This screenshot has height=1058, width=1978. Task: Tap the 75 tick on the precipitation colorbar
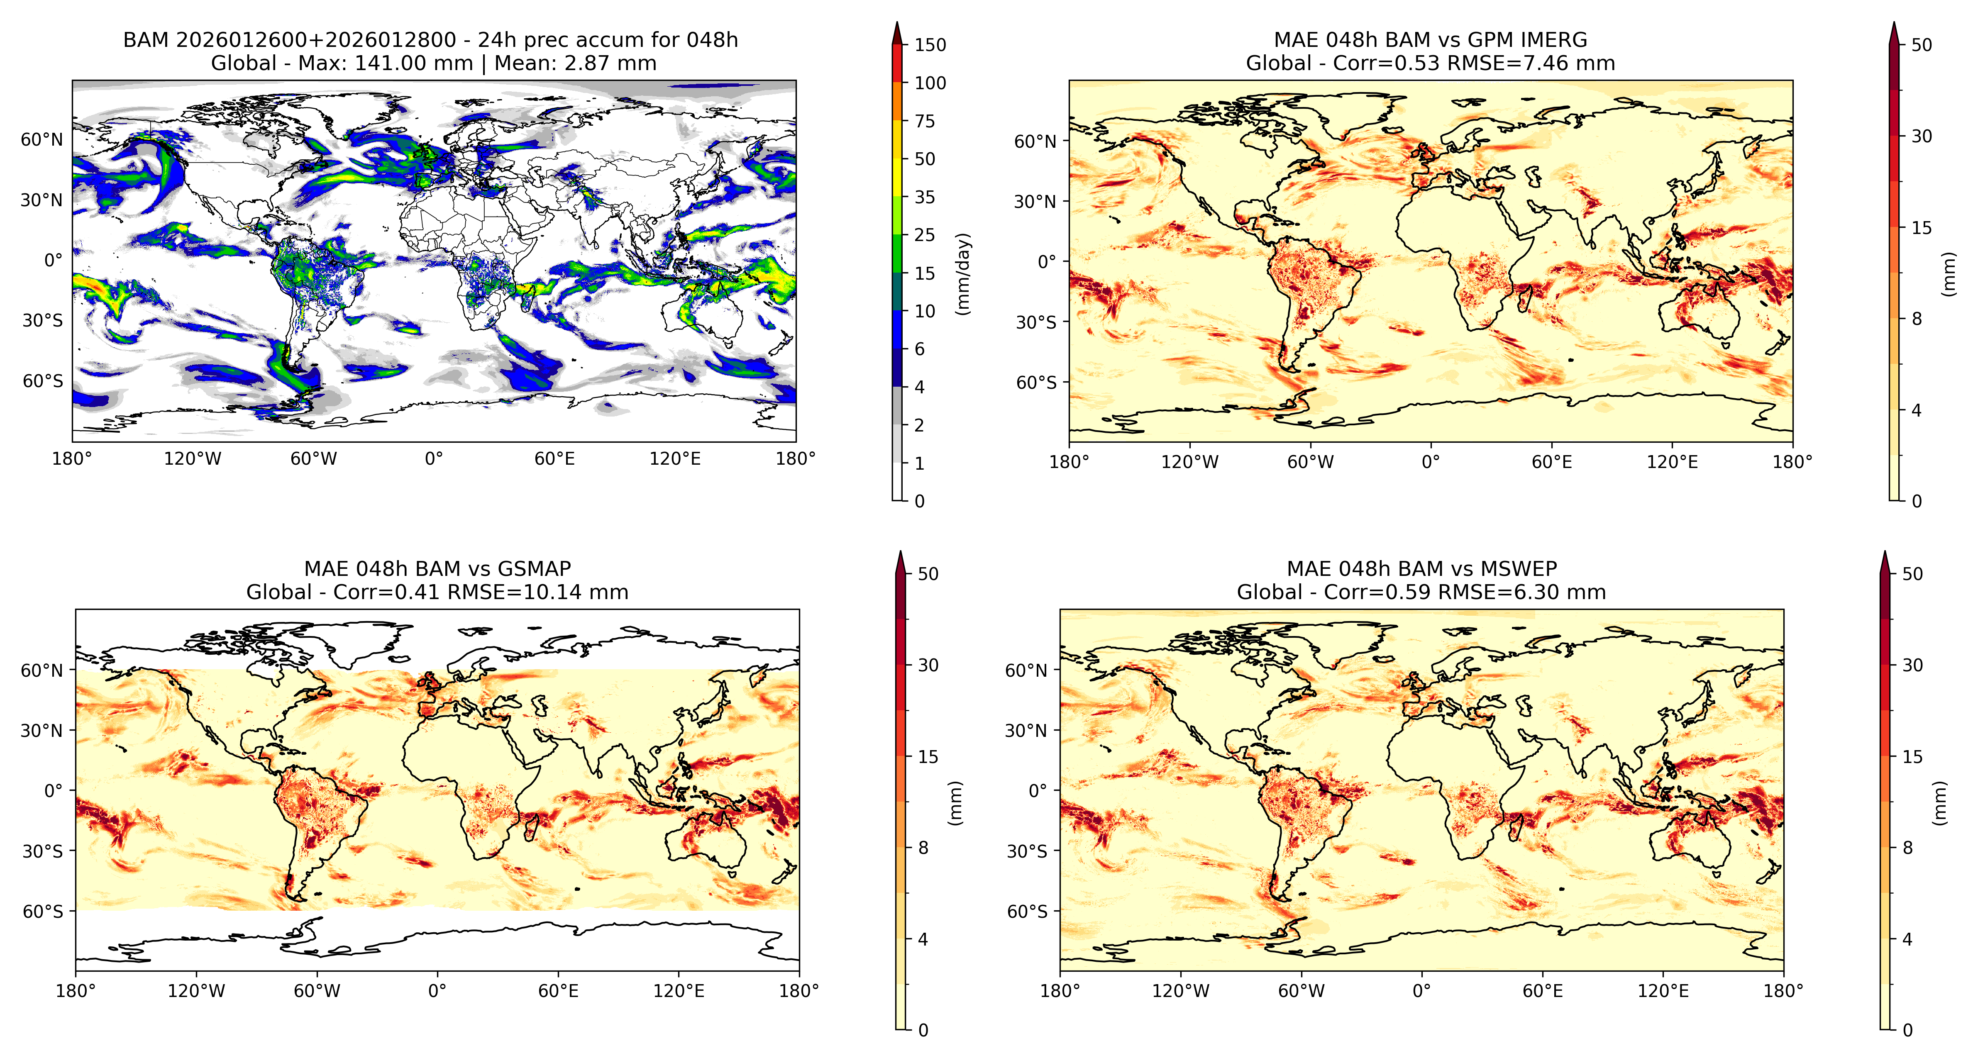pos(925,121)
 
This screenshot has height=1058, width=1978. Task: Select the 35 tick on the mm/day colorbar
pos(925,197)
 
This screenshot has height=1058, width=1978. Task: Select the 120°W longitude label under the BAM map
pos(193,459)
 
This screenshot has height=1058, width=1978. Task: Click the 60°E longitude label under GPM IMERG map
pos(1552,462)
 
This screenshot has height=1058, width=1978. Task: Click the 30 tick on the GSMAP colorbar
pos(928,665)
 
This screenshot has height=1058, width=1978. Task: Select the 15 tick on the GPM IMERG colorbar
pos(1921,228)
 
